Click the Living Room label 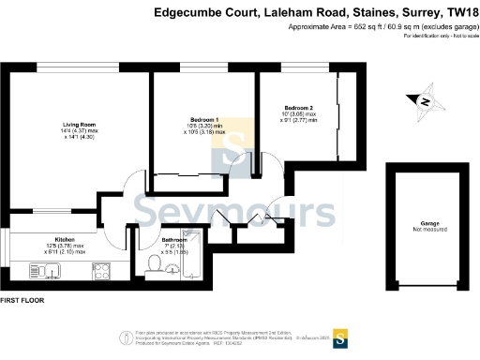pyautogui.click(x=79, y=124)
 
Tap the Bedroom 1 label pyautogui.click(x=204, y=120)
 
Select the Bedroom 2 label pyautogui.click(x=298, y=108)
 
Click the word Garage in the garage pyautogui.click(x=427, y=223)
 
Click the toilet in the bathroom pyautogui.click(x=153, y=266)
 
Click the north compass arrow pyautogui.click(x=424, y=101)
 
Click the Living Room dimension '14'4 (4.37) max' pyautogui.click(x=80, y=131)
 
